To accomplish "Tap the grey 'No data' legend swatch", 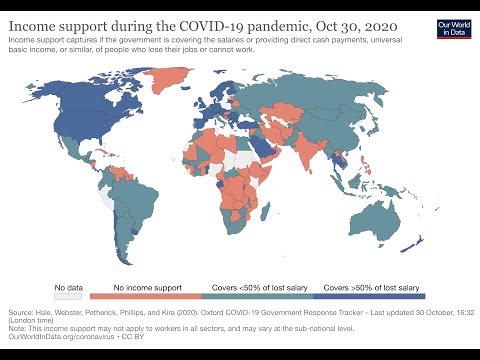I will point(68,296).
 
